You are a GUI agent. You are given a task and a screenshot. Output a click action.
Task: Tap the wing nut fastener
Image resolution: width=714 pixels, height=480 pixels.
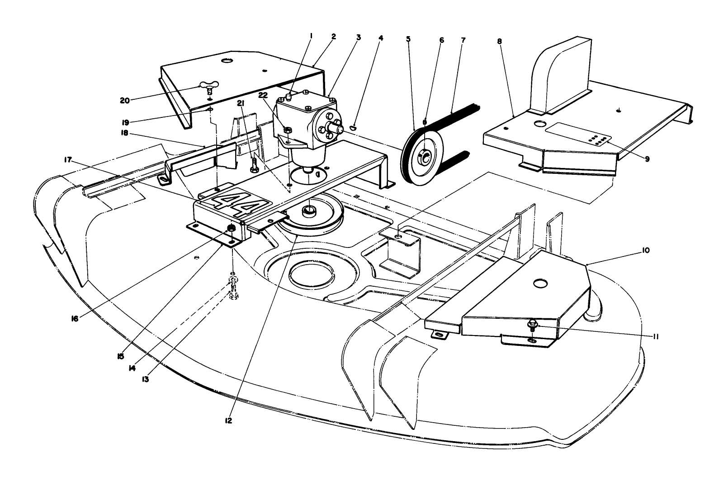210,87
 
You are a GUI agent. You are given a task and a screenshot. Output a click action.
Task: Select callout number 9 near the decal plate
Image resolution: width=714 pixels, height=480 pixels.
647,159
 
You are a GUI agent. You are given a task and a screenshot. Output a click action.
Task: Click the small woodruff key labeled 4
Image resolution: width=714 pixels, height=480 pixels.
354,129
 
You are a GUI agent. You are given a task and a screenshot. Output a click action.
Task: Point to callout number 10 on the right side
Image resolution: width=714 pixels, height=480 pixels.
645,250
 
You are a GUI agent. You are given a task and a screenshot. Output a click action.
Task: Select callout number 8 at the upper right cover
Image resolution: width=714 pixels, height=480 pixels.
499,41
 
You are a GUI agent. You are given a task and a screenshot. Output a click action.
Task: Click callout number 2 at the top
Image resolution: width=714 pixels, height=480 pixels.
334,37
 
